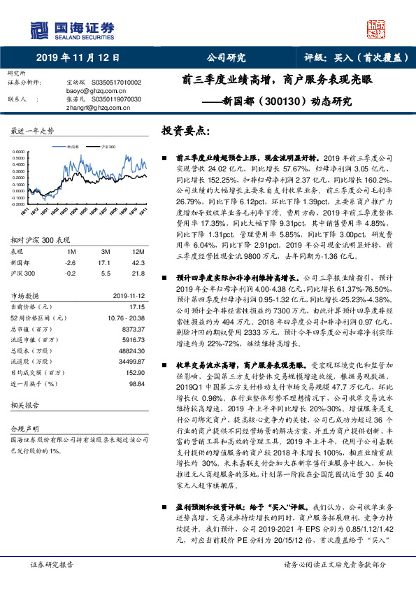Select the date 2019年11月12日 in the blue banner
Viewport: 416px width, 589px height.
point(77,59)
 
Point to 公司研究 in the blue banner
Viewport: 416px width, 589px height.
point(226,59)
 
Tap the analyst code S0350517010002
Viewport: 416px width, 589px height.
point(115,82)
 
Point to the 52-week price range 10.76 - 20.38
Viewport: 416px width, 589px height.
point(123,318)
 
